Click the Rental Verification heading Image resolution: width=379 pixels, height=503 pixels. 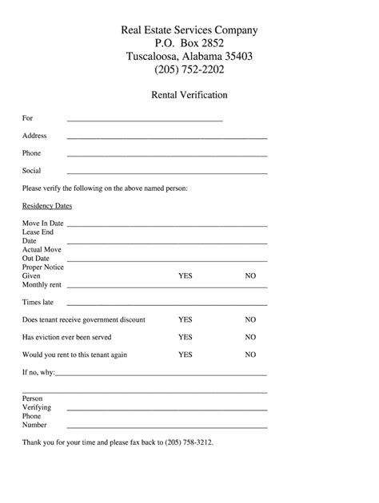click(189, 94)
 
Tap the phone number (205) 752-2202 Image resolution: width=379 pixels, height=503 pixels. click(189, 69)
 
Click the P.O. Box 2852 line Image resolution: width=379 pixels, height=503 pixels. click(189, 43)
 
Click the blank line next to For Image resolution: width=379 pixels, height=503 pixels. click(145, 121)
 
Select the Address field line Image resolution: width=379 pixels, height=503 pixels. click(167, 138)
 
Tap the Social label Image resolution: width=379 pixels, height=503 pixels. click(32, 170)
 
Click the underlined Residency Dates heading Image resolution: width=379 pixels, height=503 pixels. click(47, 205)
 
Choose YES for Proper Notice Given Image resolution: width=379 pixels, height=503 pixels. click(186, 275)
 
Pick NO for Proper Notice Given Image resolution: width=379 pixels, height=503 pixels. click(250, 275)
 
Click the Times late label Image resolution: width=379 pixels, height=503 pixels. click(38, 303)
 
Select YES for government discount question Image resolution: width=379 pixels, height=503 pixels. click(186, 319)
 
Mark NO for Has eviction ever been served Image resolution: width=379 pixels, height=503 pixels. click(250, 337)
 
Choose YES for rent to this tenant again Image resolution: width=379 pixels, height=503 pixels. click(186, 354)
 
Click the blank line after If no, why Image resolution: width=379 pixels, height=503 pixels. click(162, 374)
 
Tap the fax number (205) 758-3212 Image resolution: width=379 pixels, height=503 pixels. click(189, 441)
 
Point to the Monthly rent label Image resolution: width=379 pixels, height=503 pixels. click(42, 284)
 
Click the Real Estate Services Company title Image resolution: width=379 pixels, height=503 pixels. click(189, 30)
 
